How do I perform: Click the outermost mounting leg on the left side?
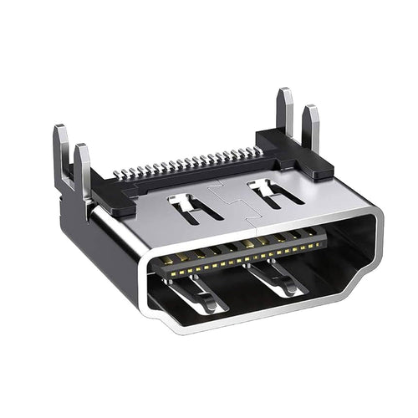click(61, 155)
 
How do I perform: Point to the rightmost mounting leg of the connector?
click(311, 127)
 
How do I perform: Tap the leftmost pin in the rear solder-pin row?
click(117, 176)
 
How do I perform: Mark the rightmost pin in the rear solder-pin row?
click(258, 151)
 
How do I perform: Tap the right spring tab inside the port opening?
click(280, 279)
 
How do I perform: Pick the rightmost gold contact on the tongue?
click(322, 242)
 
